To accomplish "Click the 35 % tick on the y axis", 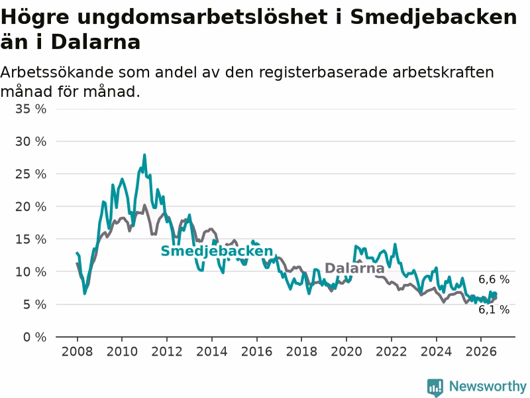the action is coord(30,109).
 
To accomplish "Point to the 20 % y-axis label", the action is coord(30,207).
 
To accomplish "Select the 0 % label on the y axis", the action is coord(35,337).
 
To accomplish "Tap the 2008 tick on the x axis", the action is coord(77,352).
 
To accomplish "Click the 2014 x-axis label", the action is coord(211,352).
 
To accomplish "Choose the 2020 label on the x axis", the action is coord(346,352).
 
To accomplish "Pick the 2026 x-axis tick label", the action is coord(481,352).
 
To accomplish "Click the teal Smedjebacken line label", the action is coord(217,251).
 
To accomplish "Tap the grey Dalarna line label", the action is coord(354,268).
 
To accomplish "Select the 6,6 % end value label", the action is coord(494,279).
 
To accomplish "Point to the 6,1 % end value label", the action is coord(494,310).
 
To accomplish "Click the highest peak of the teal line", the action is coord(144,155).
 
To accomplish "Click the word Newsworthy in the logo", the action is coord(488,386).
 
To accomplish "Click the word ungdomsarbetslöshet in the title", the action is coord(202,17).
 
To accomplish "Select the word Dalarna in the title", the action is coord(95,42).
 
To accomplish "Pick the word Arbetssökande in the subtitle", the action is coord(57,72).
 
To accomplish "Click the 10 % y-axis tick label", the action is coord(30,272).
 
